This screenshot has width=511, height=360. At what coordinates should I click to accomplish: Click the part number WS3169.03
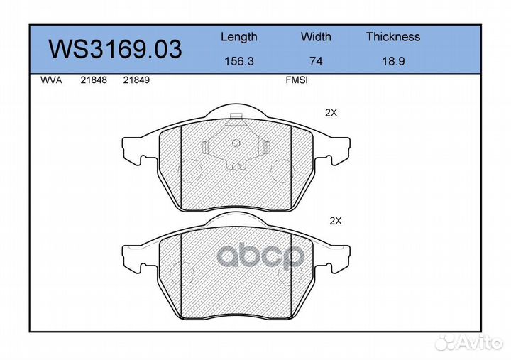point(115,49)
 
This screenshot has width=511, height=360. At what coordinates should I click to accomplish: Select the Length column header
point(239,37)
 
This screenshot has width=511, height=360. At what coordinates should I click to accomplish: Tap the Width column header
point(316,36)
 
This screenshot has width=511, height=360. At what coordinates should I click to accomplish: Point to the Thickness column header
point(393,36)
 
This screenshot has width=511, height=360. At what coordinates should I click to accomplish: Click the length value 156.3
point(239,61)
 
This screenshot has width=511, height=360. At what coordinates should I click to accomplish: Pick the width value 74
point(316,61)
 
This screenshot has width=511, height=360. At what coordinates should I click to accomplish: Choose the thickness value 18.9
point(393,61)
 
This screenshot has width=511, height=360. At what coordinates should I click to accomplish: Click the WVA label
point(51,80)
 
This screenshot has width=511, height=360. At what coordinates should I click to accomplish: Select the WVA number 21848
point(94,80)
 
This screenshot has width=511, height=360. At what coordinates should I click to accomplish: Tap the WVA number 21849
point(136,80)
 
